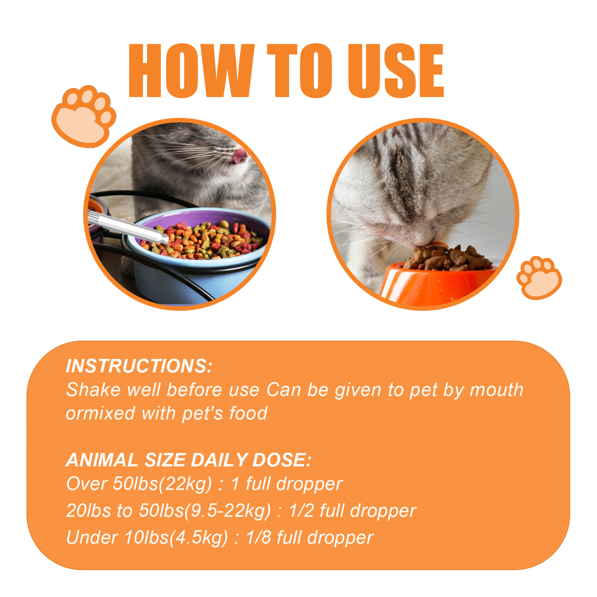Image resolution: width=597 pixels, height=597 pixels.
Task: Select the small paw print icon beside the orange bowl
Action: pyautogui.click(x=539, y=278)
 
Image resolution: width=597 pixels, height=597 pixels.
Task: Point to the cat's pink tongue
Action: pyautogui.click(x=240, y=156)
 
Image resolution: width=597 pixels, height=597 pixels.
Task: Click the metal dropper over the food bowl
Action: pyautogui.click(x=128, y=227)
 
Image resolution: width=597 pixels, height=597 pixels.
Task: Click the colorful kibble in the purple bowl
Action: pyautogui.click(x=207, y=241)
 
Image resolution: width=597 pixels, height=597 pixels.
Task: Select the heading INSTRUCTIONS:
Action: pyautogui.click(x=139, y=366)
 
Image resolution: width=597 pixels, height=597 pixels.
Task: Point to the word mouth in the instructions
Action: pyautogui.click(x=496, y=390)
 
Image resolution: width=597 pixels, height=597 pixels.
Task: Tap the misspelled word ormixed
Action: pyautogui.click(x=101, y=414)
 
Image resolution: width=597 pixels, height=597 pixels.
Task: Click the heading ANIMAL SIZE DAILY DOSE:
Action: pyautogui.click(x=188, y=460)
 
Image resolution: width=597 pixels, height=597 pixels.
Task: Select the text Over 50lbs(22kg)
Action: pyautogui.click(x=139, y=484)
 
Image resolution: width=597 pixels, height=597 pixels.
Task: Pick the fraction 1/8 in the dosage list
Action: pyautogui.click(x=258, y=537)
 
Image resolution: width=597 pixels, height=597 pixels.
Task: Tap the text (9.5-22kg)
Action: pyautogui.click(x=227, y=510)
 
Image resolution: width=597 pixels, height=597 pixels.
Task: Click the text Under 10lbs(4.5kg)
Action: pyautogui.click(x=147, y=537)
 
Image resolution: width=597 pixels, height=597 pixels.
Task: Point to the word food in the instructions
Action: pyautogui.click(x=248, y=414)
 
